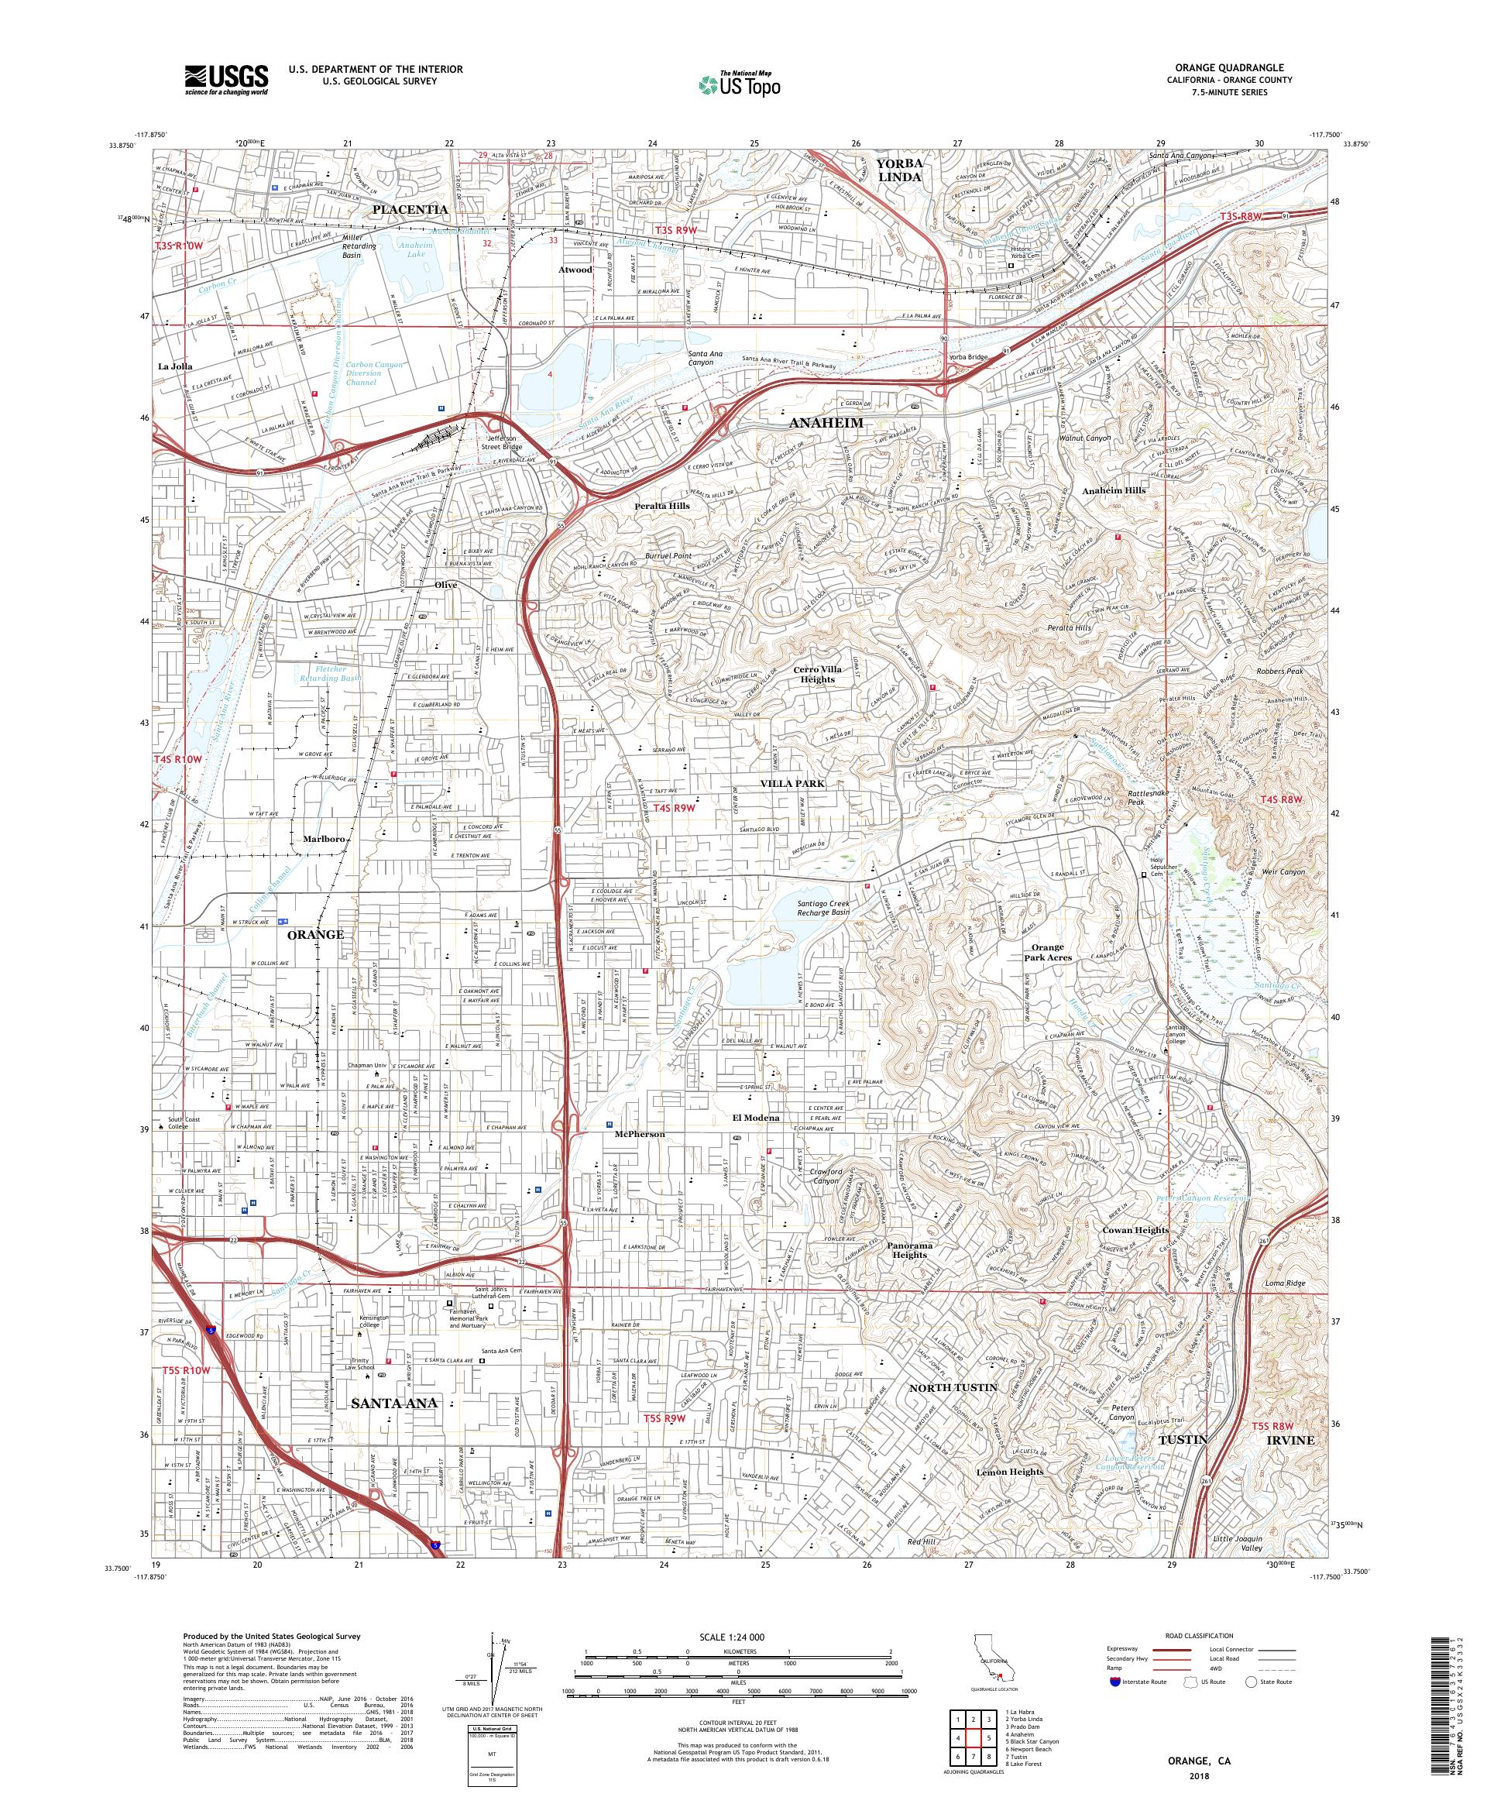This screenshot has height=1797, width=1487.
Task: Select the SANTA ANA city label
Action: (x=394, y=1404)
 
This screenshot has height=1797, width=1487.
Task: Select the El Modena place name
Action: (x=754, y=1118)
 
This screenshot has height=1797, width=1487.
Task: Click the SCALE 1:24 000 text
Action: (x=737, y=1636)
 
